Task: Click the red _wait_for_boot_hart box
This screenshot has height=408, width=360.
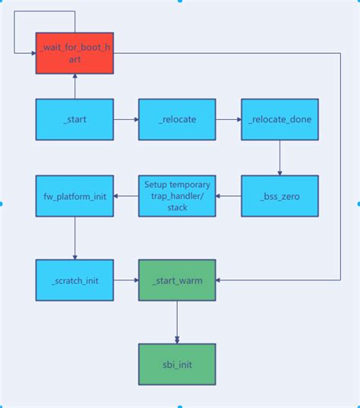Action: pos(74,54)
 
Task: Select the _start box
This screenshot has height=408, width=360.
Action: pos(74,119)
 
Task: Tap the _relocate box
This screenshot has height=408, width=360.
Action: pos(176,119)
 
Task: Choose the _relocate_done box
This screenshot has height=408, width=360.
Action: pos(279,119)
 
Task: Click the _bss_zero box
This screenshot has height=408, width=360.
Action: pos(279,196)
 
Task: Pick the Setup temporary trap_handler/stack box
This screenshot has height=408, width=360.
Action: pos(176,196)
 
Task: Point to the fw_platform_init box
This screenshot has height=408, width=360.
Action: pos(74,196)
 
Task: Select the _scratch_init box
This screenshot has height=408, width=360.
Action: pos(74,280)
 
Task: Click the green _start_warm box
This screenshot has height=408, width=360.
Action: pos(176,280)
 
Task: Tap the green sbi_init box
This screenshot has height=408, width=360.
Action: pos(176,364)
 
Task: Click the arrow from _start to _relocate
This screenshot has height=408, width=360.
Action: pos(125,119)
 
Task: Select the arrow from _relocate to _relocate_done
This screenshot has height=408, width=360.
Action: pos(228,119)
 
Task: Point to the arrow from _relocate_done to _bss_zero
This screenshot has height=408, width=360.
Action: pos(279,157)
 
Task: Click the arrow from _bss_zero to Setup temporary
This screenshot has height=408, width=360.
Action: pos(228,196)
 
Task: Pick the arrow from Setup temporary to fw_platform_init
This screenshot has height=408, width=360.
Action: pos(125,196)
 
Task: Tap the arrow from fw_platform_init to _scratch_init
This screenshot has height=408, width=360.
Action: pos(74,238)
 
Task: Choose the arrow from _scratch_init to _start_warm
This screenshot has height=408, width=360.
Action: pos(125,280)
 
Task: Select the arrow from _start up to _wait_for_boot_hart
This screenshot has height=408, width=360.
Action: pos(74,87)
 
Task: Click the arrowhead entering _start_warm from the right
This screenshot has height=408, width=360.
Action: pos(220,280)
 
